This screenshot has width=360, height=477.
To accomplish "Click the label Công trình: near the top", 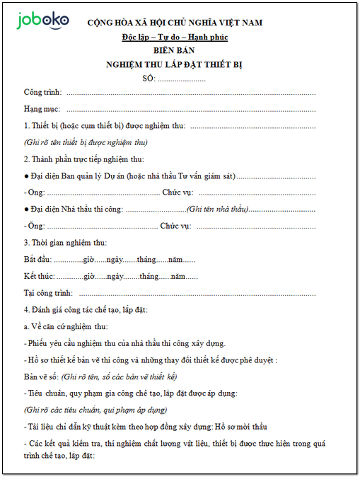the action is [x=42, y=93].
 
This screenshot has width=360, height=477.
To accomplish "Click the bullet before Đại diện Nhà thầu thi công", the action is [x=26, y=209].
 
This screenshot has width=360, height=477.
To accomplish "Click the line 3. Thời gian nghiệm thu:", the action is [x=65, y=243].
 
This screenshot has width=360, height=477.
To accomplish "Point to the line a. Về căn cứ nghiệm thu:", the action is [x=66, y=326].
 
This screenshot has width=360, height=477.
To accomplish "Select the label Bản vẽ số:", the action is [x=41, y=376].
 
